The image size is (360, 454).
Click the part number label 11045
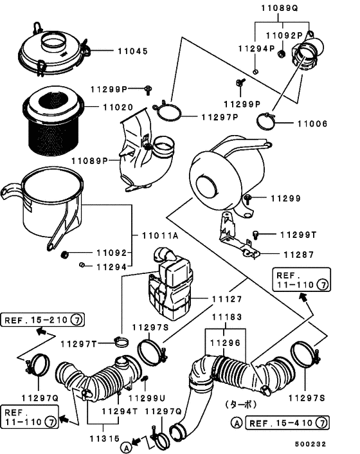click(132, 51)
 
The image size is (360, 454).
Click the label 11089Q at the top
click(280, 8)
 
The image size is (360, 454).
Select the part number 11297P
click(219, 117)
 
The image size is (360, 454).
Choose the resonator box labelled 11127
click(170, 286)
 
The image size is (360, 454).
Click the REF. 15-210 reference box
click(42, 320)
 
